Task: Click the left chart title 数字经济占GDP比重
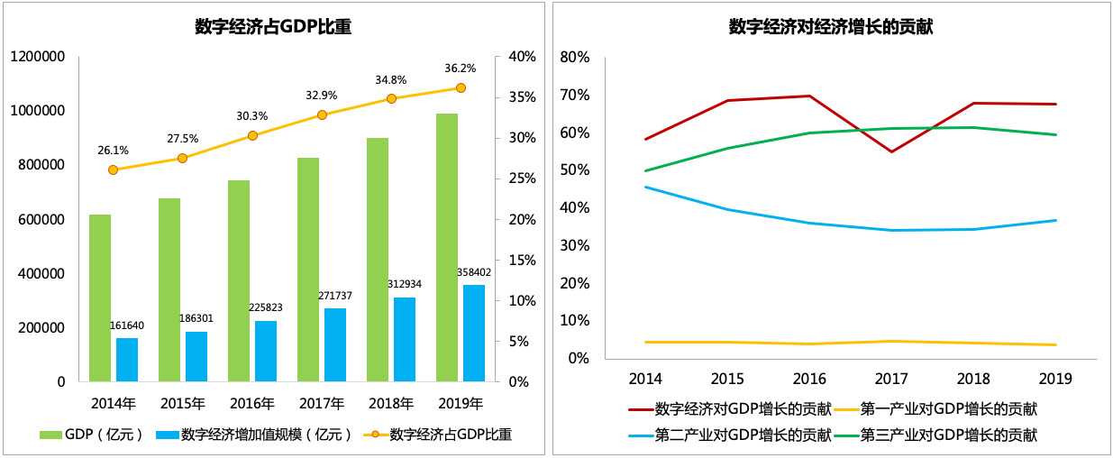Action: click(273, 27)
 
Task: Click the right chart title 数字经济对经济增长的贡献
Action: click(830, 27)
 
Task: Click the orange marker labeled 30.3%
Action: click(252, 135)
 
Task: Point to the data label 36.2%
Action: click(461, 68)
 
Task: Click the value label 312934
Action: click(405, 284)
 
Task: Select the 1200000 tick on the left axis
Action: click(38, 57)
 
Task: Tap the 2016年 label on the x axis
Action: click(252, 402)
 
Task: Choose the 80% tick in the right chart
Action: click(574, 58)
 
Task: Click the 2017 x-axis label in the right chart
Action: click(890, 379)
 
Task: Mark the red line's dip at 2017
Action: click(890, 151)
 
